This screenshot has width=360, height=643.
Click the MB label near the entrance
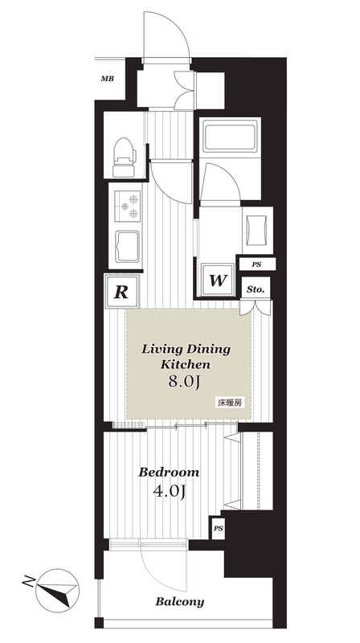click(108, 79)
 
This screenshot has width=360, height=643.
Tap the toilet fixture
click(125, 158)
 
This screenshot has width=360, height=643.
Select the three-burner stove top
click(128, 207)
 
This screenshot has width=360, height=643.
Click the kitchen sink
click(128, 247)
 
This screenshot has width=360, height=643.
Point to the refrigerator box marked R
click(122, 292)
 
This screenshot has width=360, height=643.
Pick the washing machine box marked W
click(218, 281)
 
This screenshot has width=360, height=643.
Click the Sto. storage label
click(256, 289)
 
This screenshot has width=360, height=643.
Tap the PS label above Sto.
click(256, 265)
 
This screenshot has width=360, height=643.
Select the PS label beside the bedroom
click(218, 529)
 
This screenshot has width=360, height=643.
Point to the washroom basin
click(257, 230)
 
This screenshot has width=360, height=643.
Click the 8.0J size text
click(184, 383)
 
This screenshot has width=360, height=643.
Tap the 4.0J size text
click(169, 491)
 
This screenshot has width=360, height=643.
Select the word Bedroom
click(169, 472)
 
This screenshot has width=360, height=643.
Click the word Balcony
click(179, 602)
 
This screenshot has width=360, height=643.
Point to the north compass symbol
click(56, 591)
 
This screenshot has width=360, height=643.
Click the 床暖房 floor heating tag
click(229, 403)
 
